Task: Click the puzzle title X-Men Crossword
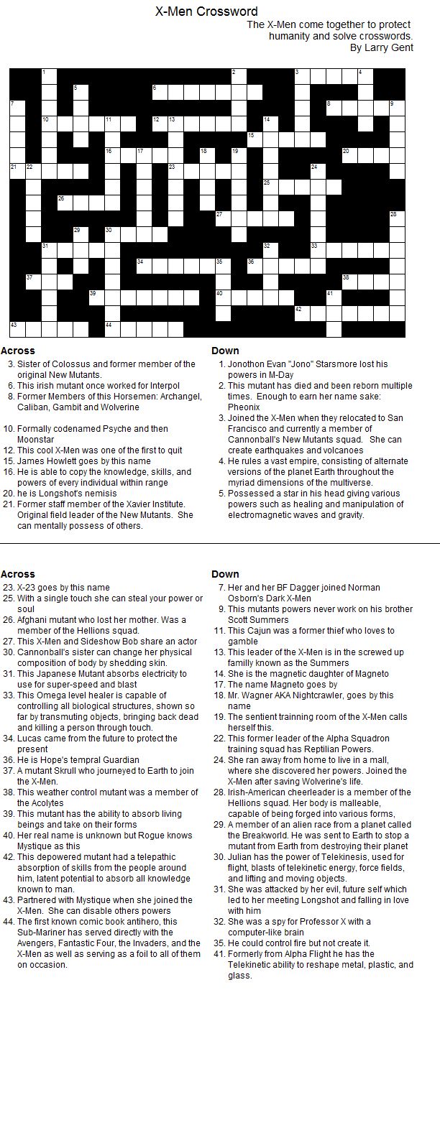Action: coord(206,11)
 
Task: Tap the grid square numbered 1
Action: coord(48,76)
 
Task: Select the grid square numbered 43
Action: coord(17,329)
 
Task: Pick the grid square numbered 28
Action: coord(397,218)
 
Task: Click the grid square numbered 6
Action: coord(159,91)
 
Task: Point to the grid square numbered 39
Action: coord(96,297)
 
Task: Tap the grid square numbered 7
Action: coord(17,108)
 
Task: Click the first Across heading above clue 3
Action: coord(18,351)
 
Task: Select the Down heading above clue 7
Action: coord(225,574)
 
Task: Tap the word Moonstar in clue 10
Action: coord(36,440)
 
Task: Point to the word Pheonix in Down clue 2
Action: coord(244,407)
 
